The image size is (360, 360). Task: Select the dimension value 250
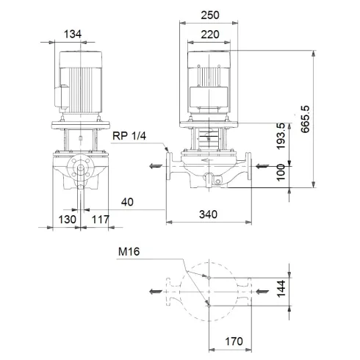pos(211,15)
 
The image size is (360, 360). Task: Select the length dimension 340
pos(211,215)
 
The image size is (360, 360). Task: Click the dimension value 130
pos(68,219)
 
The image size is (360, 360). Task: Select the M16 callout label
pos(130,252)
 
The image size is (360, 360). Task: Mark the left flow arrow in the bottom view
pos(154,292)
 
